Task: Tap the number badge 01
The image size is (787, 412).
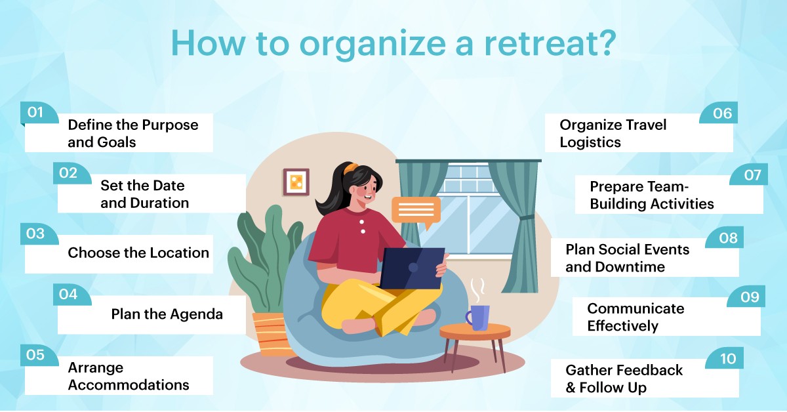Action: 35,112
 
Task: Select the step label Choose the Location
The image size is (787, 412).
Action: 138,253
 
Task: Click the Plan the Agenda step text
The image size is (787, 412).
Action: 167,314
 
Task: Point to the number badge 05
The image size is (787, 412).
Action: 35,355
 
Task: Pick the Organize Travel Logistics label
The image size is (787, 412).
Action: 613,133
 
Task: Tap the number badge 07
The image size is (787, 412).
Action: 752,175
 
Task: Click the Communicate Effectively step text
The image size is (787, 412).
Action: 635,317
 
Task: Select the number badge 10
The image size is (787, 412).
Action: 728,359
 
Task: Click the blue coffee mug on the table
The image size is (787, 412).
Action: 478,317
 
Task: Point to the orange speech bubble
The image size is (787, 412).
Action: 416,210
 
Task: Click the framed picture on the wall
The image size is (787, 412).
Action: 296,182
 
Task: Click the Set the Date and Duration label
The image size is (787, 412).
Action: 144,194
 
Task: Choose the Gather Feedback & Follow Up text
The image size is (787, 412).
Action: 624,379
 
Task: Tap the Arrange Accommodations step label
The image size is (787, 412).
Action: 128,376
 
